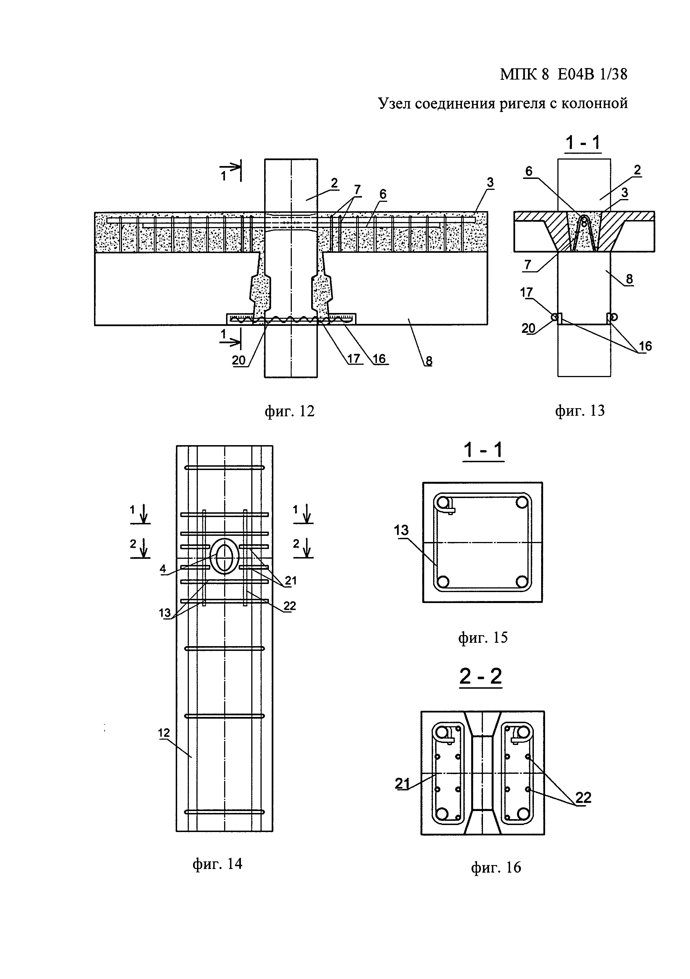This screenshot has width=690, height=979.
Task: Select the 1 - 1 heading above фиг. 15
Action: [x=483, y=450]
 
